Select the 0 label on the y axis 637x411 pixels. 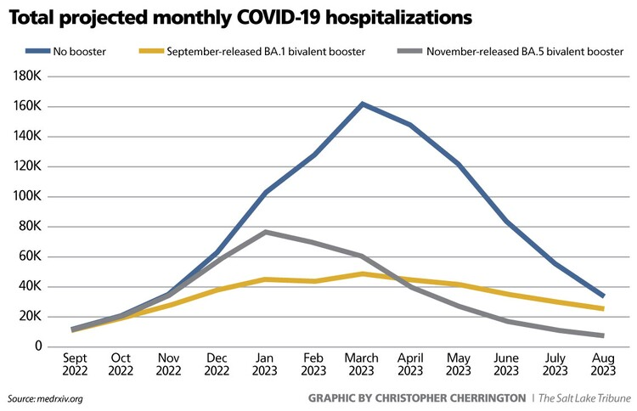click(39, 346)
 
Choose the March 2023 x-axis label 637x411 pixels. click(363, 365)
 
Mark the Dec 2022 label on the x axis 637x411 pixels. click(217, 365)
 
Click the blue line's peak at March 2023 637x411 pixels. click(363, 104)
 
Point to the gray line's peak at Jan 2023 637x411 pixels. click(266, 232)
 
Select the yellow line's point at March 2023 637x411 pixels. click(363, 273)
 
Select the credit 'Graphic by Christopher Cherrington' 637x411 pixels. click(416, 398)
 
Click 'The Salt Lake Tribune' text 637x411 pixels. click(585, 398)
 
